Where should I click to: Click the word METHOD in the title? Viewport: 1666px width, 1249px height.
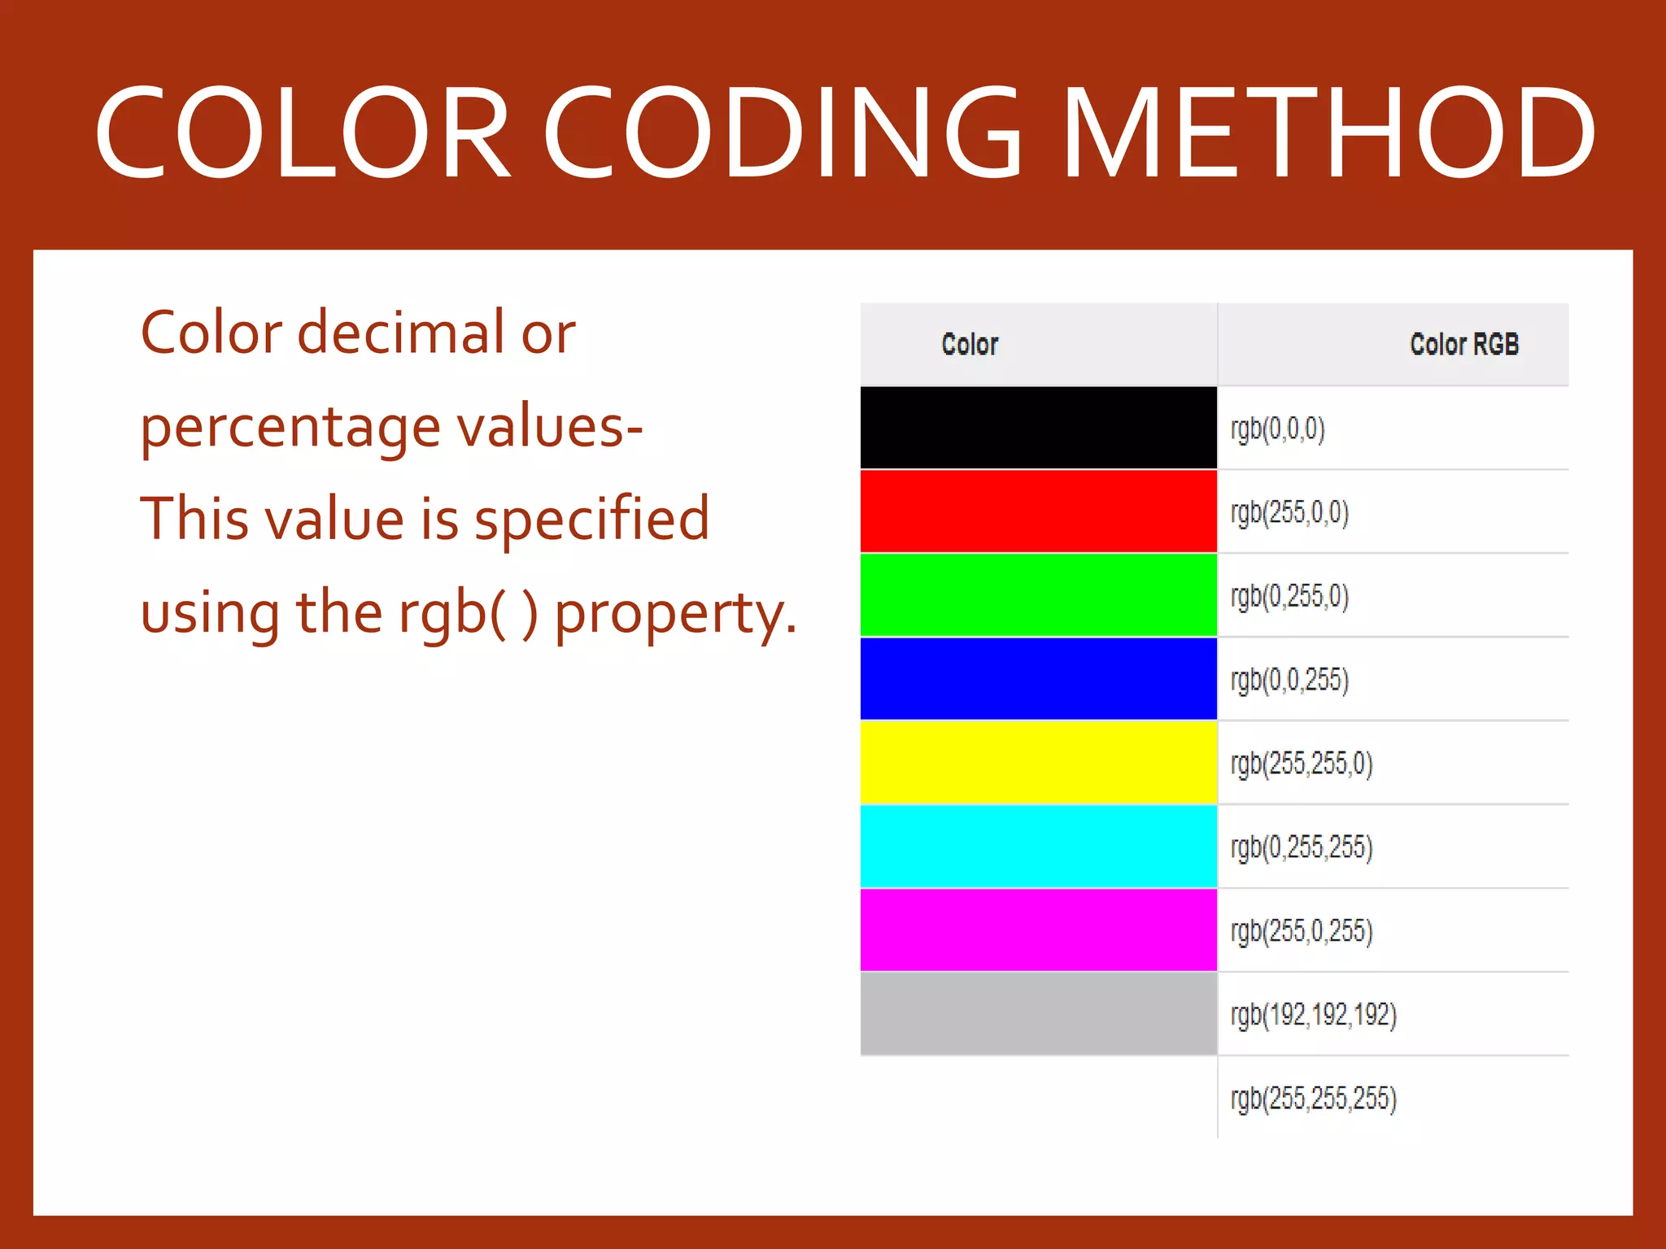click(x=1328, y=133)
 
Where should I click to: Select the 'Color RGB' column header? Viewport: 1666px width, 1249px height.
click(x=1463, y=344)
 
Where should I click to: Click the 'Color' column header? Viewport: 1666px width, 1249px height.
click(x=969, y=344)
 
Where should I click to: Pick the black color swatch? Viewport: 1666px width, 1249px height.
click(x=1038, y=428)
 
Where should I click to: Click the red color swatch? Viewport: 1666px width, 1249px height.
click(x=1038, y=511)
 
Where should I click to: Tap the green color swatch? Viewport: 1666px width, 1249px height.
click(x=1038, y=595)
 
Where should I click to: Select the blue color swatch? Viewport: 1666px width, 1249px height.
click(x=1038, y=679)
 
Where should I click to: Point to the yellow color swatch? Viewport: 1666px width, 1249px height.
click(x=1038, y=763)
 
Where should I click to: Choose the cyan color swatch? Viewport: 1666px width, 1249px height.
click(x=1038, y=846)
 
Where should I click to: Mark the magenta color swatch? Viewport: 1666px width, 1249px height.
click(x=1038, y=930)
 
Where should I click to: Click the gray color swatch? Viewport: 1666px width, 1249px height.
click(x=1038, y=1014)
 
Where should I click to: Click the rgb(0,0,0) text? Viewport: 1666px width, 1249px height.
click(x=1277, y=429)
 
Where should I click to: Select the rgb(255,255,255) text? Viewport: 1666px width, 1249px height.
click(x=1313, y=1099)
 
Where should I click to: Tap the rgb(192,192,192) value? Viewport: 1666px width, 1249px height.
click(x=1313, y=1015)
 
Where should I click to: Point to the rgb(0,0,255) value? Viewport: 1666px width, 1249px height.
click(x=1289, y=680)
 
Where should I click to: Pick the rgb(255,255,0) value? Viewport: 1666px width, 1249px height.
click(x=1301, y=764)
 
